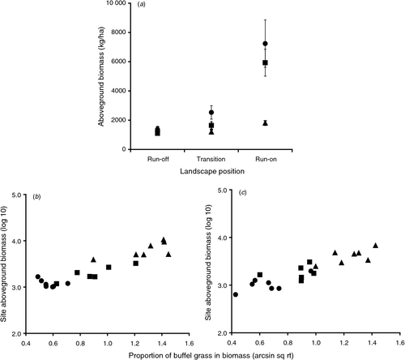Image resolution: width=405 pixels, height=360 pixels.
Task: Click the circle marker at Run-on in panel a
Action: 265,44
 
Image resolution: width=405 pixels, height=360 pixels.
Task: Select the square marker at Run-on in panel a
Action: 265,62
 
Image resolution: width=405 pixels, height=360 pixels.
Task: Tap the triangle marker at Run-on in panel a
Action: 265,123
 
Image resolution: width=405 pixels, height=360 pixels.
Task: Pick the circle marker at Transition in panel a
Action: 211,112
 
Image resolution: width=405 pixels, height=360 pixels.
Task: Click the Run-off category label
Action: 158,159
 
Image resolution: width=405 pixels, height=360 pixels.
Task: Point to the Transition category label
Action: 211,159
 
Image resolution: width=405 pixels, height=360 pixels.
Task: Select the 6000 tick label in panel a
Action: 118,62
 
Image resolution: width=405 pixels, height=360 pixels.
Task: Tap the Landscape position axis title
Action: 212,171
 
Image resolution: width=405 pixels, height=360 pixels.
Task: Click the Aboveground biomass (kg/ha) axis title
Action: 101,76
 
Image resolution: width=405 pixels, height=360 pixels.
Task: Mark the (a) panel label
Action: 141,5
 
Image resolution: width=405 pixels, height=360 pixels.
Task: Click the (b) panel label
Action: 36,197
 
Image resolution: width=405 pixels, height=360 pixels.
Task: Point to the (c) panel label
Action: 242,192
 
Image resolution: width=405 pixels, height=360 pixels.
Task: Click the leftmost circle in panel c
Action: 236,294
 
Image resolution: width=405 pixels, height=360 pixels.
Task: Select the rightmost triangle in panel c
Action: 375,246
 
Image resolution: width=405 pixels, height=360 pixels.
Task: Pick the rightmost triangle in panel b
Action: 168,255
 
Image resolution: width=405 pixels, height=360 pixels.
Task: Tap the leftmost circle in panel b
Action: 38,276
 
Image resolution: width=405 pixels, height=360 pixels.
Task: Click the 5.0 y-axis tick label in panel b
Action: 18,195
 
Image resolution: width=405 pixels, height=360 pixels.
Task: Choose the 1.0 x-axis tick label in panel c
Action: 316,343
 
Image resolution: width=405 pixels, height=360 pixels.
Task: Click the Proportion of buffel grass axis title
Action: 211,355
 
